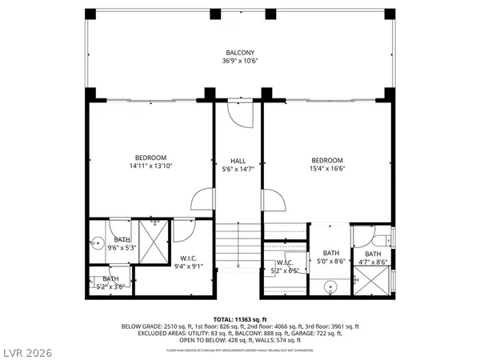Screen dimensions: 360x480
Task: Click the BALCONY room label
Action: [240, 53]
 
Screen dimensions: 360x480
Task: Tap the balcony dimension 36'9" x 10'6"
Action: [240, 61]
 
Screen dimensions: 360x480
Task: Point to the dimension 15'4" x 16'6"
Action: [327, 168]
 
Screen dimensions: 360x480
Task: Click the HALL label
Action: [238, 160]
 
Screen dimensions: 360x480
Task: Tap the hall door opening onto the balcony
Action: [238, 114]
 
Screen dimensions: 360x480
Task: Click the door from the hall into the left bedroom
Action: [204, 198]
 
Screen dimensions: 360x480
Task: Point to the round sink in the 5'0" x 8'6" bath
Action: [330, 286]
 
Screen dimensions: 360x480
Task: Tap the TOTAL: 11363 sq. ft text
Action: [240, 318]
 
